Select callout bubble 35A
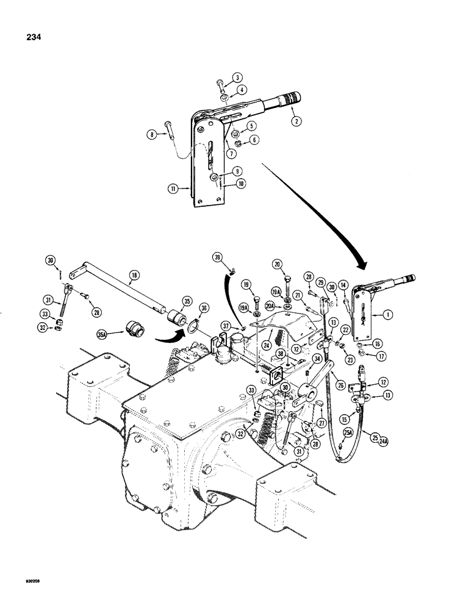[104, 333]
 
